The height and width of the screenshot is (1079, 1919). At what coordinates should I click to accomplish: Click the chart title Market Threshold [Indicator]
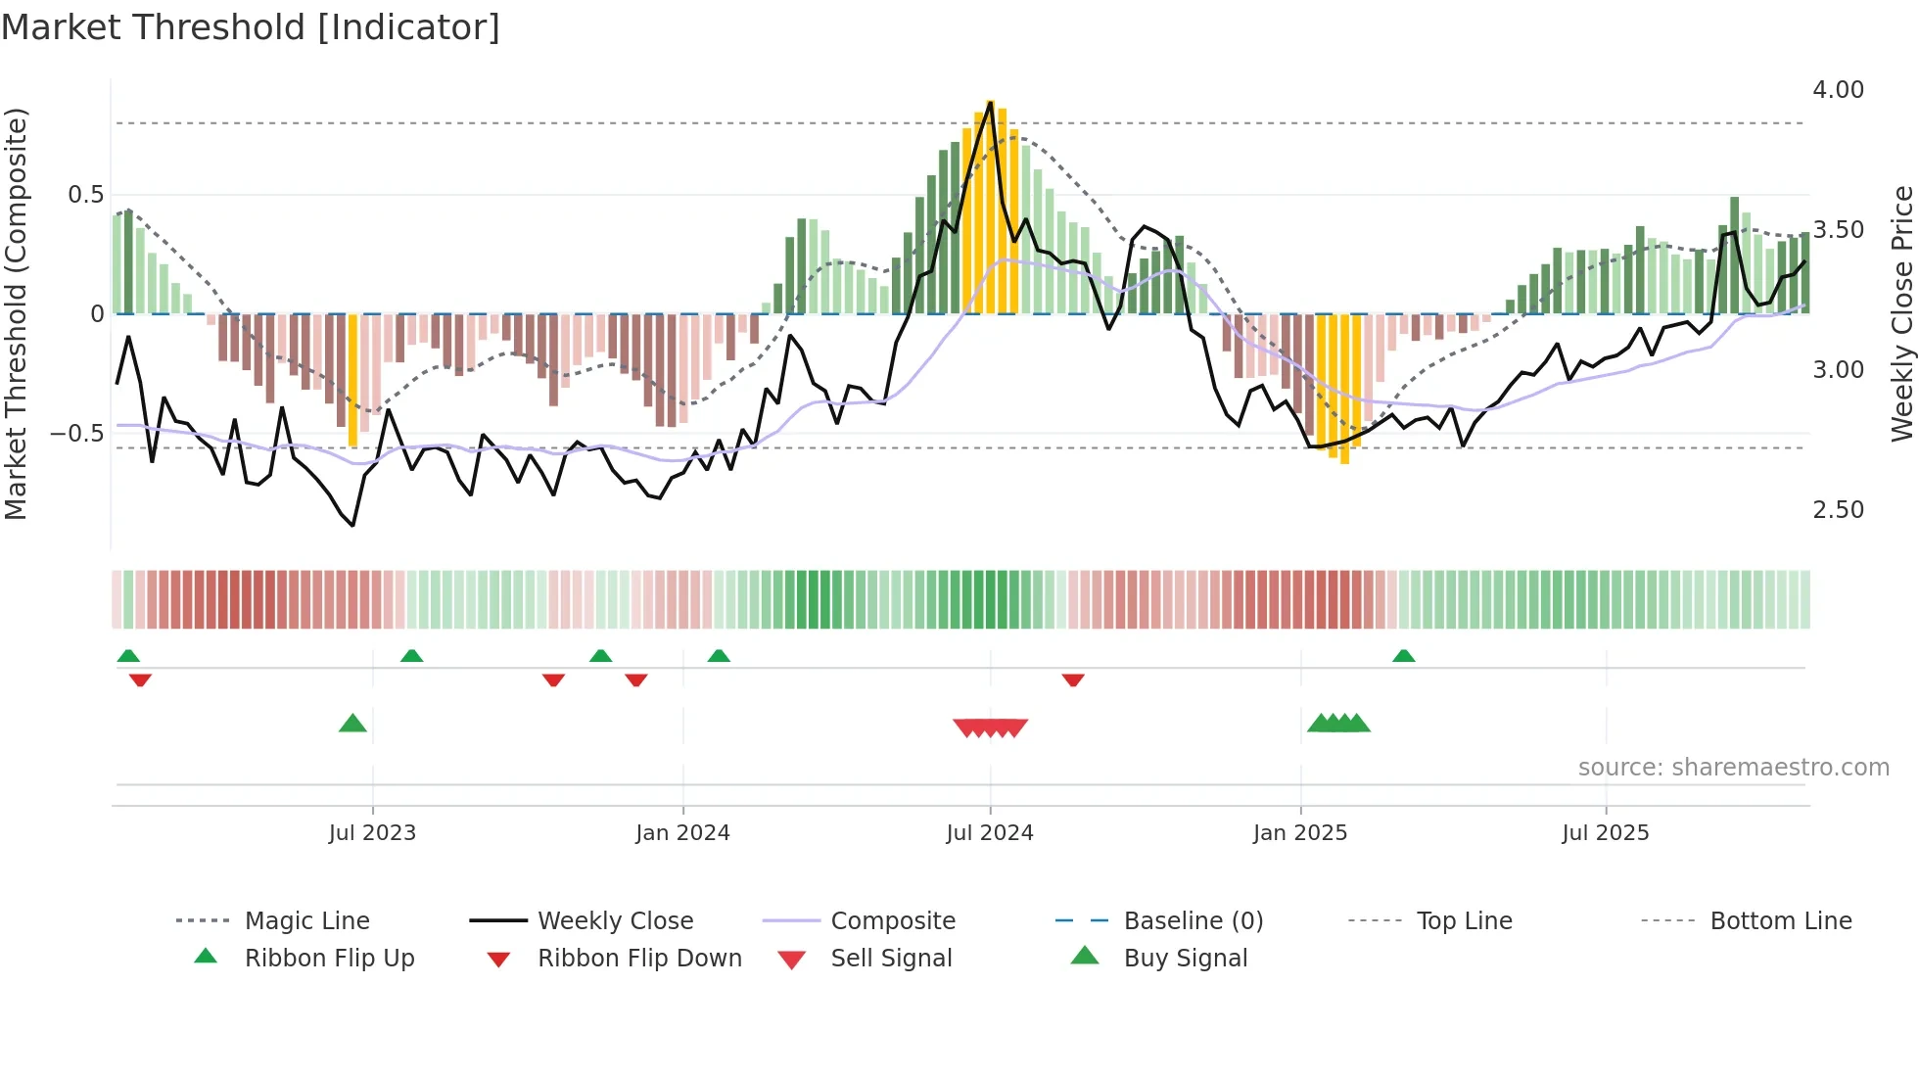(x=251, y=27)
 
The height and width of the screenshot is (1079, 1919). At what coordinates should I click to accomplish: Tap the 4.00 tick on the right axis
(x=1838, y=90)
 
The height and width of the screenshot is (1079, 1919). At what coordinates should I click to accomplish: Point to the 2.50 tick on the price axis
(x=1838, y=510)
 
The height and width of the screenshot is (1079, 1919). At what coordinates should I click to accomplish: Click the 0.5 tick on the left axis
(x=86, y=195)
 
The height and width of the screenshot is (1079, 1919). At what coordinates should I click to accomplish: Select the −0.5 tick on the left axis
(x=77, y=434)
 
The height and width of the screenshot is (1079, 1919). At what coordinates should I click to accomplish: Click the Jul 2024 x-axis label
(x=989, y=833)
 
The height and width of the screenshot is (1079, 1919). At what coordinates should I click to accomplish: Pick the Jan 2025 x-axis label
(x=1299, y=833)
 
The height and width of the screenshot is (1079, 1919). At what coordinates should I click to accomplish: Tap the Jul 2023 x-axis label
(x=372, y=833)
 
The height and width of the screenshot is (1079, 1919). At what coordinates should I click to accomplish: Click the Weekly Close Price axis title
(x=1901, y=313)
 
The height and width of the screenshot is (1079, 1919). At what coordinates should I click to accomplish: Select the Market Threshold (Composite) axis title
(x=16, y=313)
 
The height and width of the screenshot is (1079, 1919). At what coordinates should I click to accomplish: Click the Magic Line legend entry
(x=306, y=921)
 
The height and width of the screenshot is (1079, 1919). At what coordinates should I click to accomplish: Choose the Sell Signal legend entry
(x=890, y=959)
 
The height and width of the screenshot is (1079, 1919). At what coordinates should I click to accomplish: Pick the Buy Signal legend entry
(x=1185, y=959)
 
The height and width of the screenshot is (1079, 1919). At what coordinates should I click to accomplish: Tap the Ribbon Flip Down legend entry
(x=638, y=959)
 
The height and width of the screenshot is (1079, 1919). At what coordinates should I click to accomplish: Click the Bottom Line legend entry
(x=1780, y=921)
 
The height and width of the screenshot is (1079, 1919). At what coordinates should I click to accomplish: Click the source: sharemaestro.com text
(x=1733, y=768)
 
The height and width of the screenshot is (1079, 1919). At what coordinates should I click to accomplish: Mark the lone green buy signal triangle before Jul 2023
(x=352, y=724)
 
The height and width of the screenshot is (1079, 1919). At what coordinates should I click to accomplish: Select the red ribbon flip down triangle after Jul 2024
(x=1073, y=680)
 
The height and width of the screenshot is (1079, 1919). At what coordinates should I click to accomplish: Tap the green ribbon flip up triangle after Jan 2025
(x=1403, y=656)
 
